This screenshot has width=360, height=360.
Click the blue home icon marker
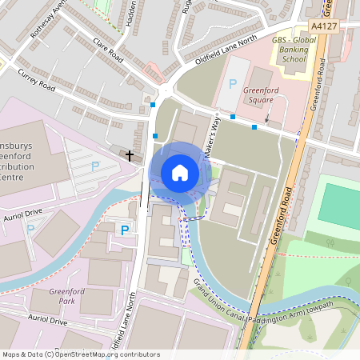tap(180, 172)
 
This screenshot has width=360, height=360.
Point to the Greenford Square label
tap(261, 96)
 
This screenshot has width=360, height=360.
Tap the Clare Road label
tap(107, 53)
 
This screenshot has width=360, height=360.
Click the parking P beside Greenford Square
tap(234, 84)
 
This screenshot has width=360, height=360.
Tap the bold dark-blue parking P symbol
tap(124, 230)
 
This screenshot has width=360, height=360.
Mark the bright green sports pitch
tap(339, 205)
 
